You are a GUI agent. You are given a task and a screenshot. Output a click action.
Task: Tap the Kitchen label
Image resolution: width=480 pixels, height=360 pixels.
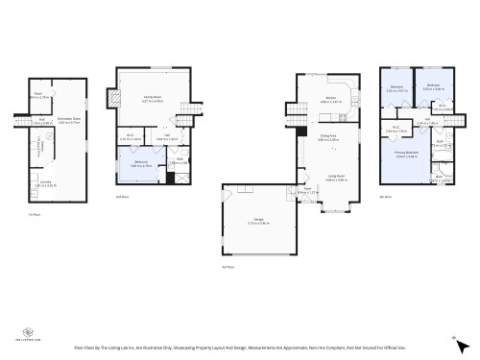coord(329,98)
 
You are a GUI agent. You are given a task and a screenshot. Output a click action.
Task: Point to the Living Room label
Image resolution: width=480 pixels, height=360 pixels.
coord(336,177)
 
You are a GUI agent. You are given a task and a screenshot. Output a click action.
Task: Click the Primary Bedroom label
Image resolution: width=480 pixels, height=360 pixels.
coord(406,153)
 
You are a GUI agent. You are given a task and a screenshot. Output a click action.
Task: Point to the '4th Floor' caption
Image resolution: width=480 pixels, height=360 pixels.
coord(385,197)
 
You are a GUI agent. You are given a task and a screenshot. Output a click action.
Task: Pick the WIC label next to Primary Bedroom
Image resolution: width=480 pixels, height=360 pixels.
coord(396,129)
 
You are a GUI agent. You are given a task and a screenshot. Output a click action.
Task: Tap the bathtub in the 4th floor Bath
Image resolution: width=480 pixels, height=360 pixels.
coord(443,178)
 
